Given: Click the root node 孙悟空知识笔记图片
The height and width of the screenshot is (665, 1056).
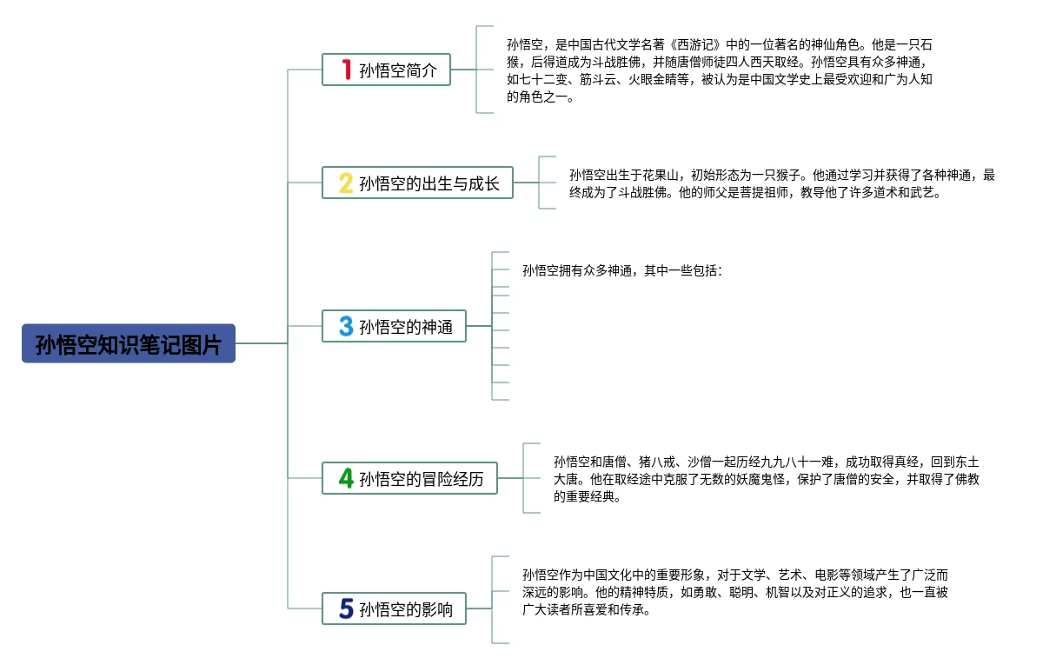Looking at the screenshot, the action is pos(129,344).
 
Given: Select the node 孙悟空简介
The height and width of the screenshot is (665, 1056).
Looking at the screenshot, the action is pos(387,70).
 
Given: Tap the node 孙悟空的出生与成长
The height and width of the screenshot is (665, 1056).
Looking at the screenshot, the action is pos(418,183).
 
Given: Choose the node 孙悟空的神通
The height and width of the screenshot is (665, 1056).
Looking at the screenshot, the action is pos(395,326).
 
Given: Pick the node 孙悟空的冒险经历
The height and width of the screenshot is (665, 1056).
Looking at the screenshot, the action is pos(410,478).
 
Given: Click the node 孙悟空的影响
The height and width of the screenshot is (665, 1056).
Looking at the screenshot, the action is pos(395,608).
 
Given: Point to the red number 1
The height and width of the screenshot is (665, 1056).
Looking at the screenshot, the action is pos(346,70).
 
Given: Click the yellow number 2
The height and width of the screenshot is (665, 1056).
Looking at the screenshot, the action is pos(346,183).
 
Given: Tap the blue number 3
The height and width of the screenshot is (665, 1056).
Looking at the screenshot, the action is pos(346,326).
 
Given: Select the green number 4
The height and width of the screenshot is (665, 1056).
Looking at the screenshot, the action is pos(346,478).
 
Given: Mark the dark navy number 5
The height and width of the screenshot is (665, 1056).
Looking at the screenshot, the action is pos(346,608).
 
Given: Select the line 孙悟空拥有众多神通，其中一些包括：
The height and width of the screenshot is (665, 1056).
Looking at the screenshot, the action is pos(622,271).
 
